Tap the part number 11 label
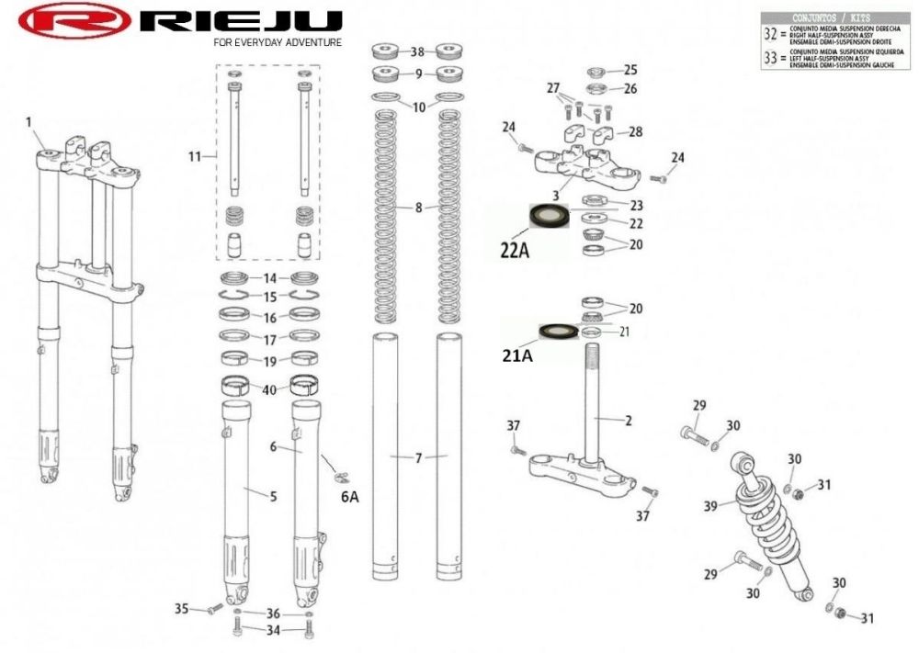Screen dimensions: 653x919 (194, 157)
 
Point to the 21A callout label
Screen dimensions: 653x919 (516, 355)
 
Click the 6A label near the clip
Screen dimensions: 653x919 (350, 496)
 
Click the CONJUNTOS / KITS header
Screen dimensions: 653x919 (831, 17)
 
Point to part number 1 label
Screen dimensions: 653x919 (28, 121)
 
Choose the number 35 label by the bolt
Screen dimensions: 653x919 (181, 608)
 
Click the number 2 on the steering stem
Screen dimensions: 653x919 (629, 422)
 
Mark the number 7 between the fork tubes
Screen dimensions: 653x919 (418, 457)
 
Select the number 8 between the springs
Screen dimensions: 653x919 (418, 208)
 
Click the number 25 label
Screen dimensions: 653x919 (630, 70)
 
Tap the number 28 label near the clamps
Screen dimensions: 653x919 (636, 132)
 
